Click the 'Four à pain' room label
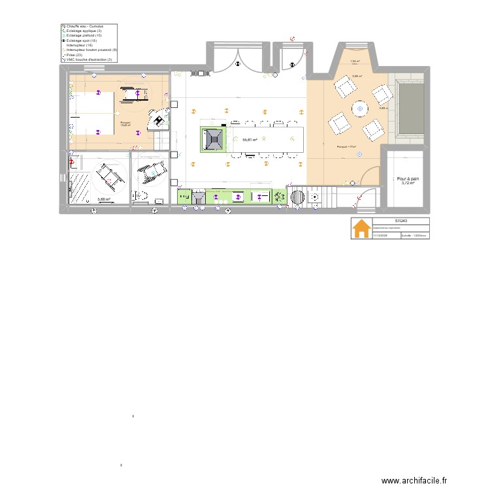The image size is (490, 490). click(408, 178)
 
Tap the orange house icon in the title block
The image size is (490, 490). click(361, 229)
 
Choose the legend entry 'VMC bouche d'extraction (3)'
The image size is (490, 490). click(89, 59)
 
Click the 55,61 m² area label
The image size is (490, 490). click(249, 140)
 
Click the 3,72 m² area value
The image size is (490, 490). click(408, 183)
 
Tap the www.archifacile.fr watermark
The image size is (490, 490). click(414, 481)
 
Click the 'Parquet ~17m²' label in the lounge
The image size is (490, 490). click(346, 147)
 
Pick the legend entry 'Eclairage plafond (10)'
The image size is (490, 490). click(84, 35)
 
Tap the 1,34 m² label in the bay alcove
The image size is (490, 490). click(355, 61)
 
